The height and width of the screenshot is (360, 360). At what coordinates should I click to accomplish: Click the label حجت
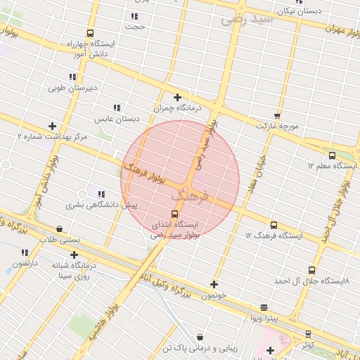(x=134, y=27)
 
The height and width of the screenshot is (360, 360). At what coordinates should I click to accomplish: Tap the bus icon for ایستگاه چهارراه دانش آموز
(x=90, y=33)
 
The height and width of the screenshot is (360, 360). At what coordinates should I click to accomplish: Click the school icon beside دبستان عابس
(x=117, y=108)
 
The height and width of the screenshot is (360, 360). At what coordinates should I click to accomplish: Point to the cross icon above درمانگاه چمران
(x=177, y=98)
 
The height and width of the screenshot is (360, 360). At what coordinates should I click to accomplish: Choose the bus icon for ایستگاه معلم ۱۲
(x=332, y=155)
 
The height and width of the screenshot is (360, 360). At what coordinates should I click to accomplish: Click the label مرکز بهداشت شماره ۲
(x=53, y=136)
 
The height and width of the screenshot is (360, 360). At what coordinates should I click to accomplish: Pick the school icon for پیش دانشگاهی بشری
(x=102, y=194)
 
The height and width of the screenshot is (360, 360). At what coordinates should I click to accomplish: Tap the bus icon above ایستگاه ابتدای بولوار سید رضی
(x=174, y=214)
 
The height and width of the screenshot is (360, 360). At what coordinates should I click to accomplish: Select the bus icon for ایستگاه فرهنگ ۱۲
(x=274, y=225)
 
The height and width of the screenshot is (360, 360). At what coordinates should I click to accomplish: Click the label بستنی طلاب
(x=57, y=240)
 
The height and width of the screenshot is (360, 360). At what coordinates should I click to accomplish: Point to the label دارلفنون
(x=25, y=263)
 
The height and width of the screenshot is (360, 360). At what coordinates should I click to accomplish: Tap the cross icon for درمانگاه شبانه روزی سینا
(x=74, y=255)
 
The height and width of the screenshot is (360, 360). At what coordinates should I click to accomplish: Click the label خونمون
(x=214, y=295)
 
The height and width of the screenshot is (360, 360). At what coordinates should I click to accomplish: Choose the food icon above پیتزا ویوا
(x=264, y=307)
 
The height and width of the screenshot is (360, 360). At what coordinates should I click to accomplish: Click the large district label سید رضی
(x=246, y=19)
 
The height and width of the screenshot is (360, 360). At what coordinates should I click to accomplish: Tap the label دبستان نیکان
(x=299, y=11)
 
